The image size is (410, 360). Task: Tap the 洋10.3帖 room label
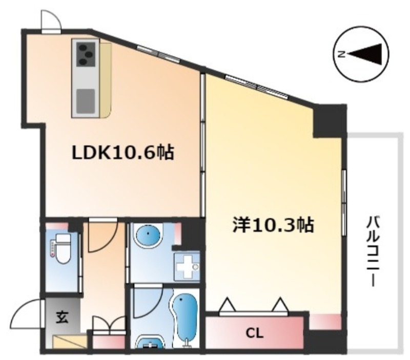click(x=273, y=225)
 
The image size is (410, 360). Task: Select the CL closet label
click(x=254, y=333)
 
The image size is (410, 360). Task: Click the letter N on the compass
click(x=341, y=54)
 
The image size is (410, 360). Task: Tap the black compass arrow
click(x=366, y=54)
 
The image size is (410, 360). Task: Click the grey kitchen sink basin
click(x=85, y=99)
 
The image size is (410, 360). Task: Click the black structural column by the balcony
click(x=330, y=121)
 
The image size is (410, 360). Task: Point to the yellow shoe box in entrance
click(x=70, y=341)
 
